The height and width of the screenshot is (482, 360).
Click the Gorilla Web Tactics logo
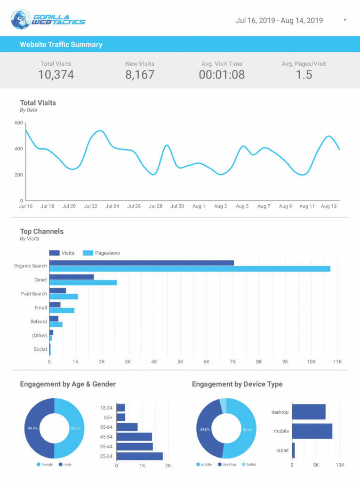(x=48, y=19)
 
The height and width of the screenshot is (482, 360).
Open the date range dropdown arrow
(x=345, y=21)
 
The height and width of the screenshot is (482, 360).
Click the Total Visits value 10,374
(x=56, y=74)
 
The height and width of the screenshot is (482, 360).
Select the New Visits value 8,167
(x=140, y=74)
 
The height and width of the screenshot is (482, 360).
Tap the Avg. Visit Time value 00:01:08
(x=222, y=74)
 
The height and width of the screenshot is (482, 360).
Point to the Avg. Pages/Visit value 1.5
(x=304, y=74)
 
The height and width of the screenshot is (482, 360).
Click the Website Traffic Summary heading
(x=61, y=45)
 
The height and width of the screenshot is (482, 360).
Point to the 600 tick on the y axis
(x=19, y=123)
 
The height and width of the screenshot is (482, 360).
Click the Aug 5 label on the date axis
(x=242, y=207)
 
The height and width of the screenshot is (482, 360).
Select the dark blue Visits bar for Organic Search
(x=141, y=263)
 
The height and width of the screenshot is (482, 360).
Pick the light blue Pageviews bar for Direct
(x=83, y=283)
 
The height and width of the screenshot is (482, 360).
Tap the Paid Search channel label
(x=33, y=294)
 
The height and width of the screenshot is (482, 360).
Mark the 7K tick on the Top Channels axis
(x=232, y=362)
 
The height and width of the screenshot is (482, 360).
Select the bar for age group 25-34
(x=139, y=456)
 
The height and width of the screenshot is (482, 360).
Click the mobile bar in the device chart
(x=312, y=431)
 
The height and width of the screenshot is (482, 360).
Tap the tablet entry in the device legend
(x=249, y=465)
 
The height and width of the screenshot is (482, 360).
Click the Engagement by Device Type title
(x=237, y=384)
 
